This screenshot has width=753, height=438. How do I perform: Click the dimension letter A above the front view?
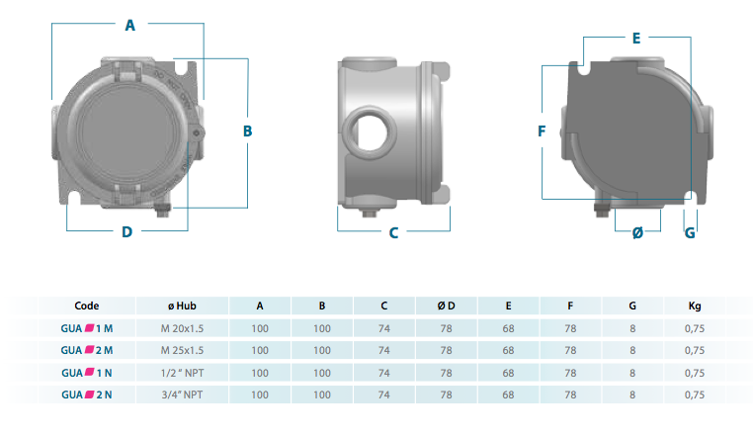click(129, 27)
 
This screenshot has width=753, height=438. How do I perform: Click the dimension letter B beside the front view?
click(248, 131)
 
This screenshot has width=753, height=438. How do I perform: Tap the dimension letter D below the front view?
click(126, 232)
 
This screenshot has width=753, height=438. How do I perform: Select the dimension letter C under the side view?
click(393, 233)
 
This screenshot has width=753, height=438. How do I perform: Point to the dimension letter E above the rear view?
click(636, 39)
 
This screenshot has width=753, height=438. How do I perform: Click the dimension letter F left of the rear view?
click(542, 131)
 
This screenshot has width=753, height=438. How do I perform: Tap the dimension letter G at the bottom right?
click(690, 232)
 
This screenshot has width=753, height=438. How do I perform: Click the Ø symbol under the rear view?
click(637, 232)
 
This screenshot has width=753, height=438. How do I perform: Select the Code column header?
click(87, 306)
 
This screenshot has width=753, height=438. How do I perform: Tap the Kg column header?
click(695, 306)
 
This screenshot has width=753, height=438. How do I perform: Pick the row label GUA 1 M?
click(87, 327)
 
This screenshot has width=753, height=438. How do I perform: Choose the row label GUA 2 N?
click(87, 394)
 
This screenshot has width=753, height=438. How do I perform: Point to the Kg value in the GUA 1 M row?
click(695, 327)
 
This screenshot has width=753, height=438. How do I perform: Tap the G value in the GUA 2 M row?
click(631, 350)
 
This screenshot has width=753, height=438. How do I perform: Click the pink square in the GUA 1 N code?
click(90, 373)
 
